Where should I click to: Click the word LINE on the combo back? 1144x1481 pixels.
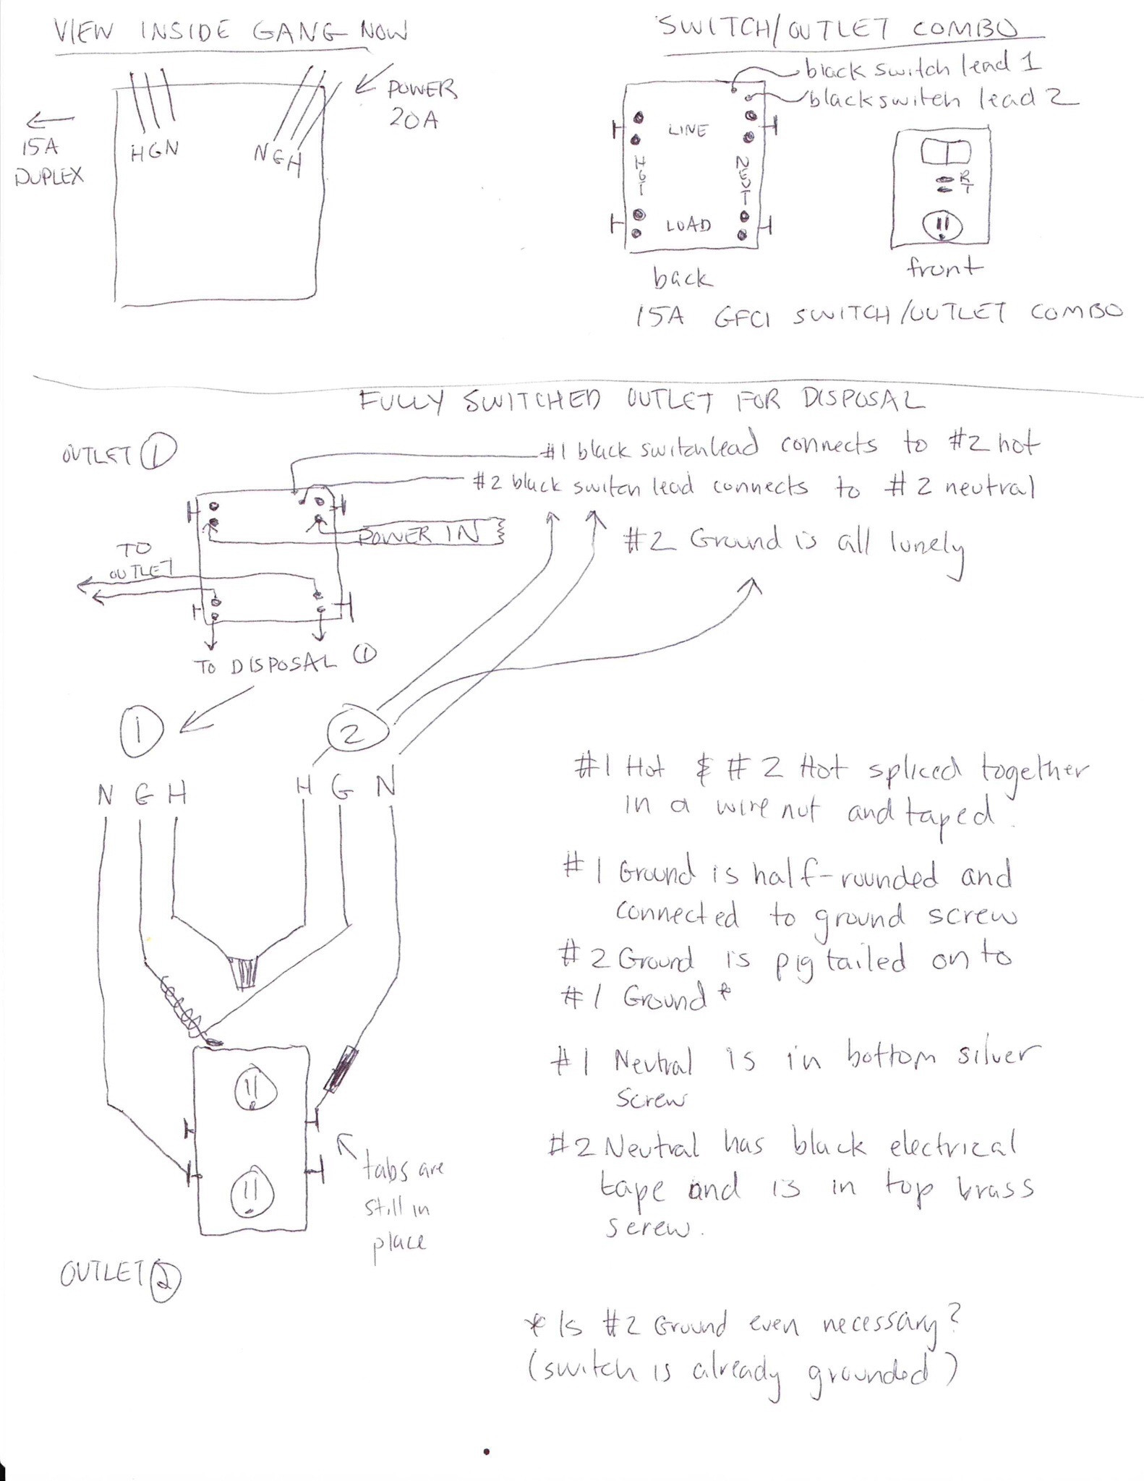pos(688,130)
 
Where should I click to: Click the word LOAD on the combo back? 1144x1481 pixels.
pos(688,226)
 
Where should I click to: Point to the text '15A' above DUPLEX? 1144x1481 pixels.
pos(39,148)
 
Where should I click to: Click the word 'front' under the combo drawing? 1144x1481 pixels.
pos(944,268)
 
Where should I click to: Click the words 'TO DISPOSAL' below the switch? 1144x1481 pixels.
pos(265,665)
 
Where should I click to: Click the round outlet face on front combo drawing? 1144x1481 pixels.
pos(942,227)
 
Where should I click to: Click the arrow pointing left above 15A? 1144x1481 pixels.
pos(49,120)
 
